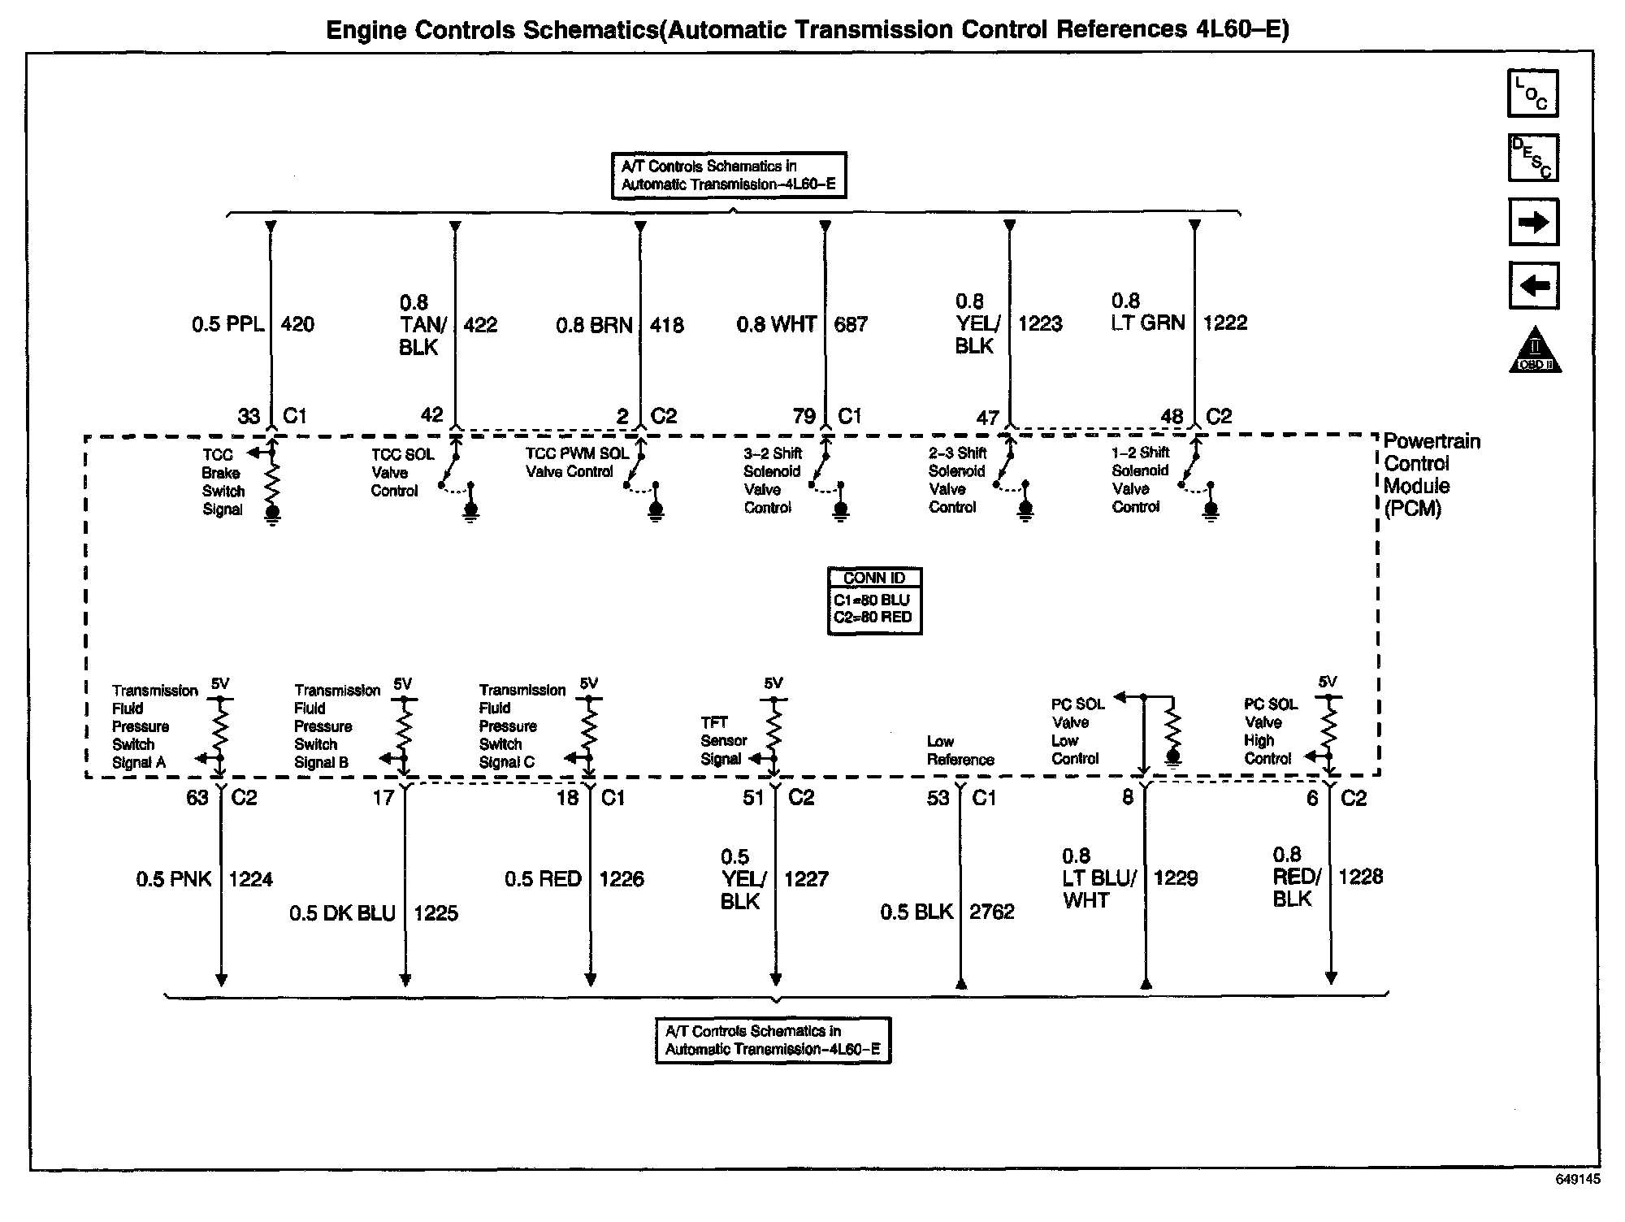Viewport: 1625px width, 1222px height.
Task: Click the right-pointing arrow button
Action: tap(1533, 222)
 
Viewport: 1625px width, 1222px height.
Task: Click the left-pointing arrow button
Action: tap(1533, 286)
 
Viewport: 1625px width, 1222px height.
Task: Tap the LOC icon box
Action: tap(1532, 93)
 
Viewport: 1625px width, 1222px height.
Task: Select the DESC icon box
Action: tap(1532, 158)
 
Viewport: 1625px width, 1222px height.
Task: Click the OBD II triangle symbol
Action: tap(1534, 351)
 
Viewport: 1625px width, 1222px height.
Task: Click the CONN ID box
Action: tap(874, 600)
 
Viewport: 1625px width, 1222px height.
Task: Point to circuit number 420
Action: tap(297, 325)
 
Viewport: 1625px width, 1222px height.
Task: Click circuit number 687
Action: tap(851, 325)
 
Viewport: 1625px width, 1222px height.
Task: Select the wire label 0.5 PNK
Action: tap(173, 879)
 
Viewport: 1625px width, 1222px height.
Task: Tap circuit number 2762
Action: tap(992, 912)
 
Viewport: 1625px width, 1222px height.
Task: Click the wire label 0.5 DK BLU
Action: tap(342, 913)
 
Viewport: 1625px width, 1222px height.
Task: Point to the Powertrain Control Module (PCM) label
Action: tap(1432, 474)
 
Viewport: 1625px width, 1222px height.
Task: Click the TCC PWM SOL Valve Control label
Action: tap(577, 462)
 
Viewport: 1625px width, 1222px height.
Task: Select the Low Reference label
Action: tap(960, 751)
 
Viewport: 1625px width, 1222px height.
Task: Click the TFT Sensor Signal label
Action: tap(723, 740)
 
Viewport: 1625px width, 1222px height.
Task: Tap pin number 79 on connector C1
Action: tap(804, 417)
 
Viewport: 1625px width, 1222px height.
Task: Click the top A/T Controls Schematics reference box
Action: tap(729, 175)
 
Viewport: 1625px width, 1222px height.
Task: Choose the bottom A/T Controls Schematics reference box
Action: tap(773, 1040)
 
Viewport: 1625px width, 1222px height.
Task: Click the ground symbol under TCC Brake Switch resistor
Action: tap(272, 513)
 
